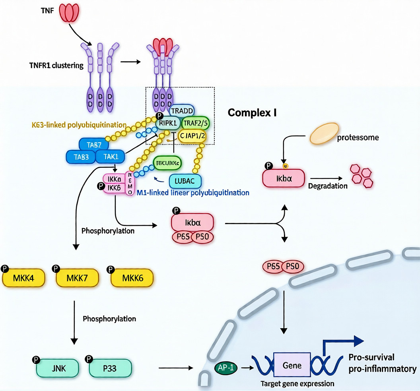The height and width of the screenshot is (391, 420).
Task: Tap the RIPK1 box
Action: pyautogui.click(x=167, y=124)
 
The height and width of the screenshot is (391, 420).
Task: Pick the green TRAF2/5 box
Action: pyautogui.click(x=195, y=124)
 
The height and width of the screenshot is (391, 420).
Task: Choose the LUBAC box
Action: pyautogui.click(x=185, y=181)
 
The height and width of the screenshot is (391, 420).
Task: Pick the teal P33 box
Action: pyautogui.click(x=110, y=368)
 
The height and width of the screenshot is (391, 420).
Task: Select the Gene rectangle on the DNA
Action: pyautogui.click(x=292, y=365)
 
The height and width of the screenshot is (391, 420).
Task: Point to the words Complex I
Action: pyautogui.click(x=252, y=113)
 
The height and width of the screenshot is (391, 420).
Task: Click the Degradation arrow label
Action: pyautogui.click(x=328, y=186)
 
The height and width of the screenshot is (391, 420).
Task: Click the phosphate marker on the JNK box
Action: pyautogui.click(x=36, y=360)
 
